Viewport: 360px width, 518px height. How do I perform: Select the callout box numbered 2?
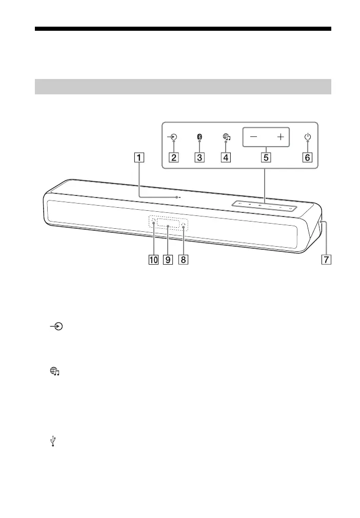pyautogui.click(x=174, y=157)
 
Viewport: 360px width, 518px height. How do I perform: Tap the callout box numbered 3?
pyautogui.click(x=199, y=157)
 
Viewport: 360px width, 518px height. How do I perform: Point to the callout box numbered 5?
pyautogui.click(x=266, y=157)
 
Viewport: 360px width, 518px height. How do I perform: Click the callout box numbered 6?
pyautogui.click(x=307, y=157)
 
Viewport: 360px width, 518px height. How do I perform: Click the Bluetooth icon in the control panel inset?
pyautogui.click(x=200, y=137)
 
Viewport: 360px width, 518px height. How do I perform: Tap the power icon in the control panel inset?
pyautogui.click(x=307, y=137)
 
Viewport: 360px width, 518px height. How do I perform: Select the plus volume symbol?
pyautogui.click(x=280, y=137)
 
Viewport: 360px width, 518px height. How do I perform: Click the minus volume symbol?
pyautogui.click(x=254, y=137)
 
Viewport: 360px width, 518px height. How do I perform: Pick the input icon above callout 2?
pyautogui.click(x=174, y=137)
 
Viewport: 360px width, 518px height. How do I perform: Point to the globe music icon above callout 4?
pyautogui.click(x=226, y=137)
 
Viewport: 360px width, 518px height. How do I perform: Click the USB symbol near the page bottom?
pyautogui.click(x=53, y=441)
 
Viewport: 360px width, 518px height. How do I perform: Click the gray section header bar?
pyautogui.click(x=183, y=87)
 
